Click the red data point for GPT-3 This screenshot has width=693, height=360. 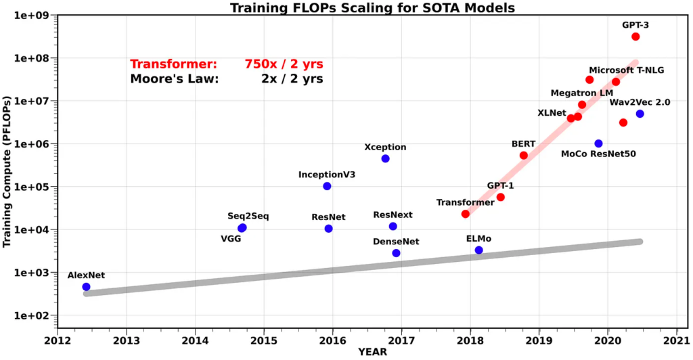pos(635,37)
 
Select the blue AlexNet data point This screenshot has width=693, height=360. pos(86,287)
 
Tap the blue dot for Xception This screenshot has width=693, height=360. pos(385,158)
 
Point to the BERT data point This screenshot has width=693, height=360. pos(524,156)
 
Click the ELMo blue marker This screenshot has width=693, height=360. pos(479,250)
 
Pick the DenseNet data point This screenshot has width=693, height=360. pos(396,253)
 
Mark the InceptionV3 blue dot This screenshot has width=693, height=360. pos(327,186)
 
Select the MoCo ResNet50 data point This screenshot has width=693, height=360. pos(598,143)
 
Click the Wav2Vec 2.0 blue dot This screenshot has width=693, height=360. pos(640,114)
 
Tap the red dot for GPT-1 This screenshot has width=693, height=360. pos(501,197)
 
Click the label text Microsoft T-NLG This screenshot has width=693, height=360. pos(626,70)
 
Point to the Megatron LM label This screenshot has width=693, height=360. pos(581,93)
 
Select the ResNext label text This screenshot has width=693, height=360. pos(393,215)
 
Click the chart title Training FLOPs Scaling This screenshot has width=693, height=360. pos(373,8)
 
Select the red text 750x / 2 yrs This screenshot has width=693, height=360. pos(284,64)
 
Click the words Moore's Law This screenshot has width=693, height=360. pos(175,79)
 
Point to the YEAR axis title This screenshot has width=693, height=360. pos(373,352)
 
